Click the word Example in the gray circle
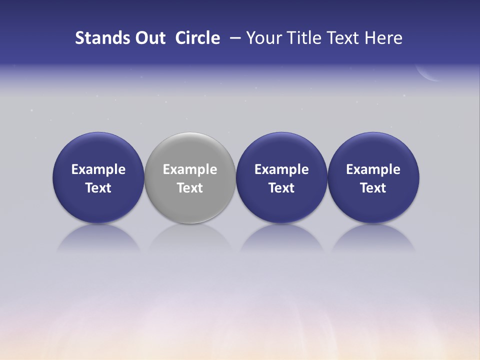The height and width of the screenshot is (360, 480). pyautogui.click(x=190, y=169)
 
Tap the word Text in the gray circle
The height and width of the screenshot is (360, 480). pyautogui.click(x=190, y=188)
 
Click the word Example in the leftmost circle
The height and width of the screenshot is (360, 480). pyautogui.click(x=98, y=169)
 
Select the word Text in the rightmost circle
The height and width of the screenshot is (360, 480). pyautogui.click(x=373, y=188)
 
